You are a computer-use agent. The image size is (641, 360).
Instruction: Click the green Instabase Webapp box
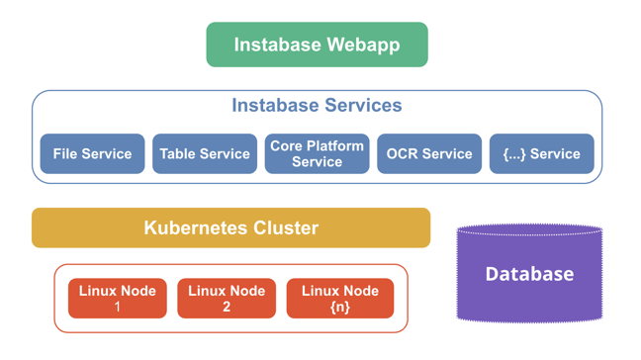click(317, 45)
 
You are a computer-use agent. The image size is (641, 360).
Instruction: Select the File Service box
click(92, 154)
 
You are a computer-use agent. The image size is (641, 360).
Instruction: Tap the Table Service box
click(205, 154)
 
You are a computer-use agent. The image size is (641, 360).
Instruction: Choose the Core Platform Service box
click(317, 154)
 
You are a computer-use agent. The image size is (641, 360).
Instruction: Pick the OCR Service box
click(429, 154)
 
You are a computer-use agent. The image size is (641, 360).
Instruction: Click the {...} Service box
click(541, 154)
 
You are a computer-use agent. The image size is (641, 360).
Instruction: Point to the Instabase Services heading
click(317, 105)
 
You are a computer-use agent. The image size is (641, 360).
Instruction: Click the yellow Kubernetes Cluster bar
click(230, 227)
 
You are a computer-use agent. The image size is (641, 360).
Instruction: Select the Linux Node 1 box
click(117, 299)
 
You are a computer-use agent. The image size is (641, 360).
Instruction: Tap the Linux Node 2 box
click(227, 299)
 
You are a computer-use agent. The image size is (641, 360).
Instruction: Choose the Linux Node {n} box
click(339, 299)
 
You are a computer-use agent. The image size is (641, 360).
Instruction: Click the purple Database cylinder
click(529, 274)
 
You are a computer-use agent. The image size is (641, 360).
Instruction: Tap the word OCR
click(404, 154)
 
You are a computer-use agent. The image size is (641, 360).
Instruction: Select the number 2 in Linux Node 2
click(227, 308)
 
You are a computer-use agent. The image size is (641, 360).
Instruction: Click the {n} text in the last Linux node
click(339, 308)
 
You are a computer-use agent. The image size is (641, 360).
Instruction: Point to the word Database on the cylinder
click(529, 274)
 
